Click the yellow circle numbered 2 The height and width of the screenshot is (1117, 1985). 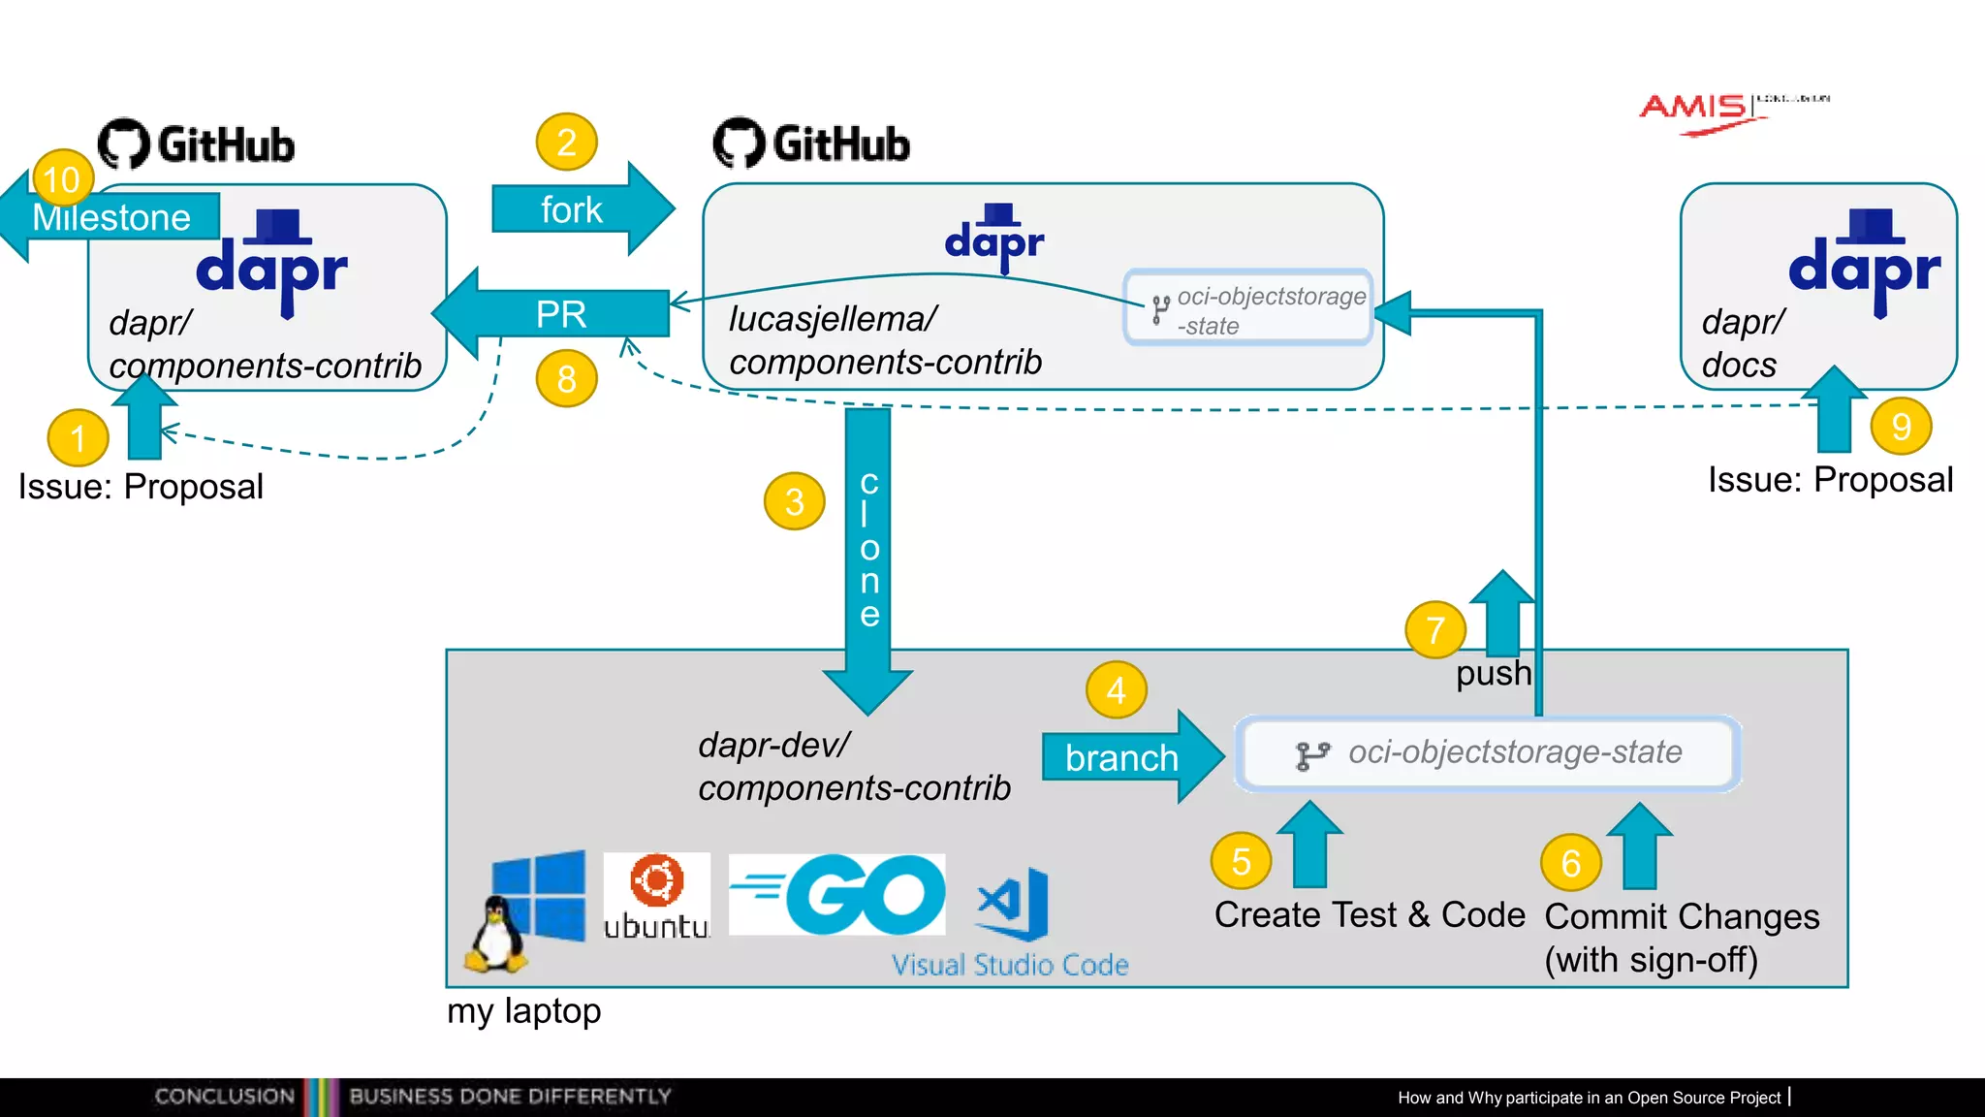coord(566,143)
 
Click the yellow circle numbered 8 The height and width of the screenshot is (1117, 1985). coord(566,378)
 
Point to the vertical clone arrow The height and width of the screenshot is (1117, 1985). coord(867,553)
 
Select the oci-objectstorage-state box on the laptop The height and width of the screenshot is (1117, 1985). coord(1489,753)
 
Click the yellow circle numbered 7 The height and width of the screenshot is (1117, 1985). coord(1435,630)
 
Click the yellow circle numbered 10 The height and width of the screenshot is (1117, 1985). coord(62,178)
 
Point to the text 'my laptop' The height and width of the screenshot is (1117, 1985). coord(523,1011)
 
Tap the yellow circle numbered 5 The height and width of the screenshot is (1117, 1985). coord(1241,861)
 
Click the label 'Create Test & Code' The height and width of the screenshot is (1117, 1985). coord(1370,915)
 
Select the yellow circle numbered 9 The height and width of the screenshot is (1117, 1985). coord(1901,426)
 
